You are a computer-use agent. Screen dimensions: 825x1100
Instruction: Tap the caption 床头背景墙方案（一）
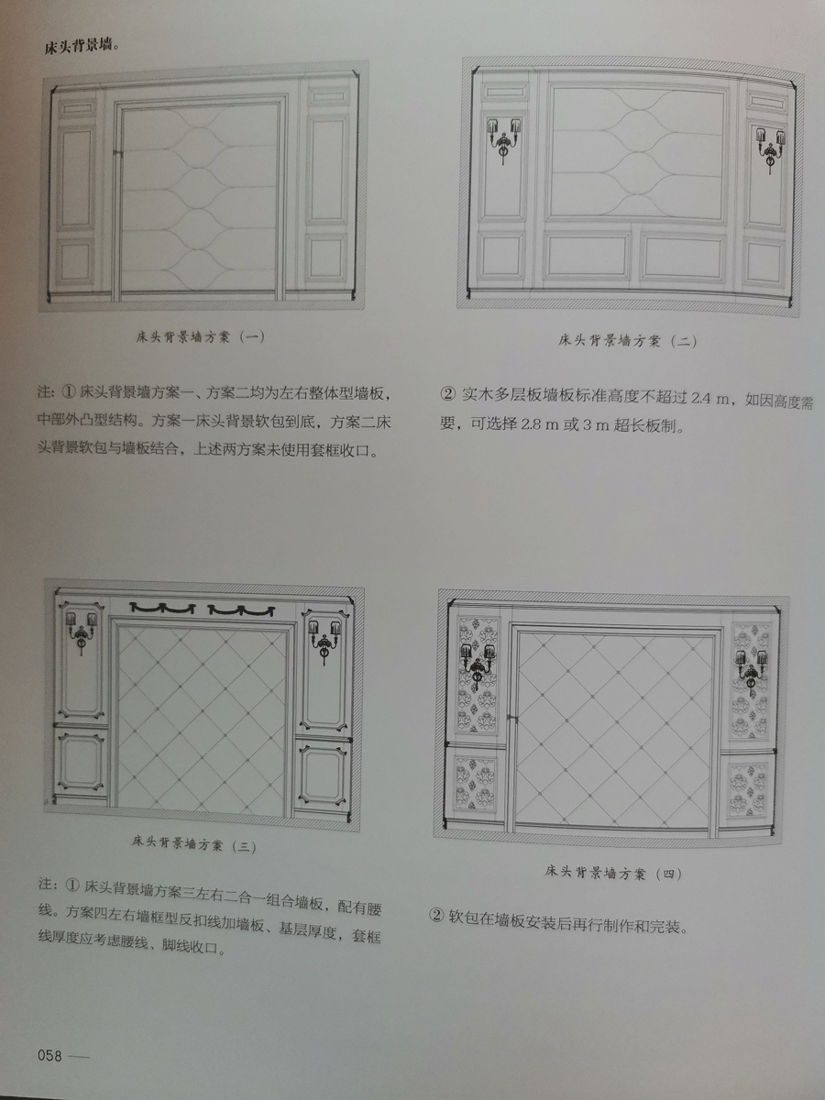200,336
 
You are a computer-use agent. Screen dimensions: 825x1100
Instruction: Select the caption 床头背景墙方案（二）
627,341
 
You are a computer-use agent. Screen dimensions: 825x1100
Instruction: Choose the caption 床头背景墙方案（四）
613,873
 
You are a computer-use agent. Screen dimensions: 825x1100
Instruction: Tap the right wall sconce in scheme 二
770,149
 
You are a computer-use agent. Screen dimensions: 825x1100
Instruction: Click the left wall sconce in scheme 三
82,632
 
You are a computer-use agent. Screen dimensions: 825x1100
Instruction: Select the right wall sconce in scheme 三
324,642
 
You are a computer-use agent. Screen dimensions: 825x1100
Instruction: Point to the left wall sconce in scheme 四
478,665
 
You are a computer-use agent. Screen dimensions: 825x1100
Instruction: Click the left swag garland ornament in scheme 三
162,608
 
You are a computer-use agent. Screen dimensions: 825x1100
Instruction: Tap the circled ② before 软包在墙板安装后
437,917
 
